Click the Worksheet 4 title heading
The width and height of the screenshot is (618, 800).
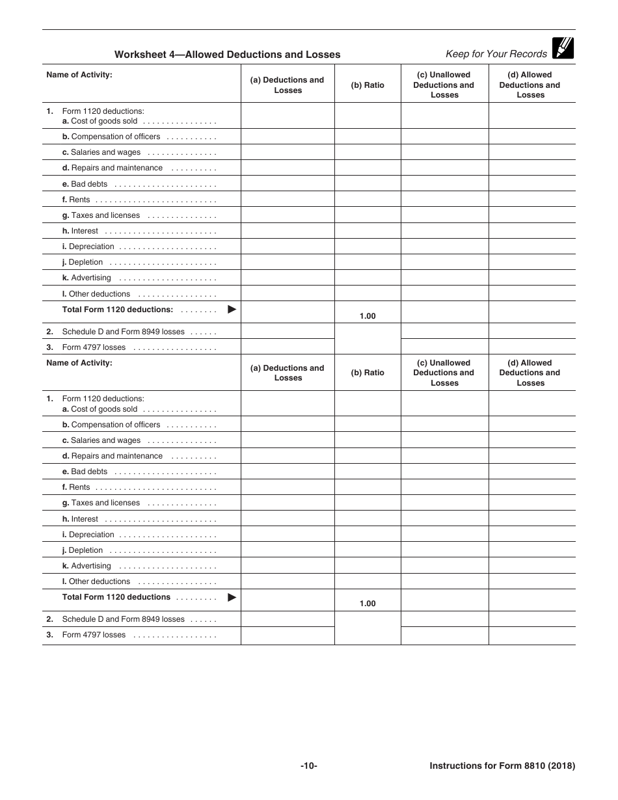click(x=227, y=55)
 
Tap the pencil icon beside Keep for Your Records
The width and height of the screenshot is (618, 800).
click(x=563, y=48)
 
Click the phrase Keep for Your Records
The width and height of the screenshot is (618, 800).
click(x=496, y=54)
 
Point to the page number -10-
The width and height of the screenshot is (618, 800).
click(x=308, y=766)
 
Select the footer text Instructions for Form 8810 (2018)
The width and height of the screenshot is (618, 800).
click(x=502, y=766)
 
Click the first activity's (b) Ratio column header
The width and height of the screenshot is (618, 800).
click(x=368, y=85)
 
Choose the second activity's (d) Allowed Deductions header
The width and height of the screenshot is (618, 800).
click(x=530, y=373)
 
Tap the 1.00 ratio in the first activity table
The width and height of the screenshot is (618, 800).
click(x=368, y=316)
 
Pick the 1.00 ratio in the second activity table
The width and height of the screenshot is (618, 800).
click(x=368, y=604)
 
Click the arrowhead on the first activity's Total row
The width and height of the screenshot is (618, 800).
click(x=232, y=310)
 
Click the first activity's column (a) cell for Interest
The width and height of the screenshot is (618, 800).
click(x=288, y=231)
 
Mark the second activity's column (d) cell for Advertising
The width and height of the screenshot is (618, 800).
click(x=531, y=566)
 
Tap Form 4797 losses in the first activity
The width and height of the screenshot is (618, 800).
click(x=94, y=347)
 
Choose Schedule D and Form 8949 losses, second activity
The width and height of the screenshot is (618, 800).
click(x=123, y=619)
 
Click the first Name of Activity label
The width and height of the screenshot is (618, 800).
click(x=79, y=75)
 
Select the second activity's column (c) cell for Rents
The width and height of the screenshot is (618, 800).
click(x=444, y=487)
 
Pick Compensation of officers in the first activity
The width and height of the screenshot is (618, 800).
click(x=116, y=137)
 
